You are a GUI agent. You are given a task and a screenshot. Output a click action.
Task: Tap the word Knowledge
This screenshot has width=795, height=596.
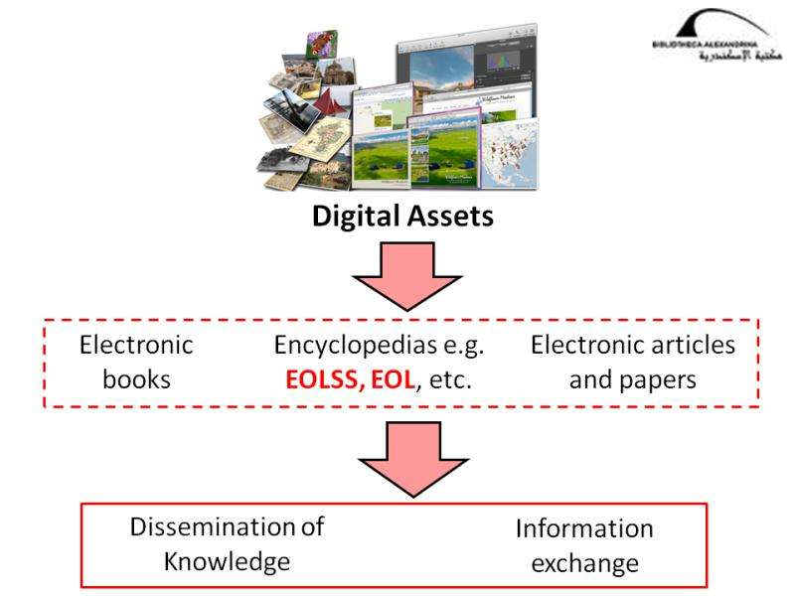pos(227,560)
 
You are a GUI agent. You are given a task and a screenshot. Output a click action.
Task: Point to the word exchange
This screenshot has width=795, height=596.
pos(584,562)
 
